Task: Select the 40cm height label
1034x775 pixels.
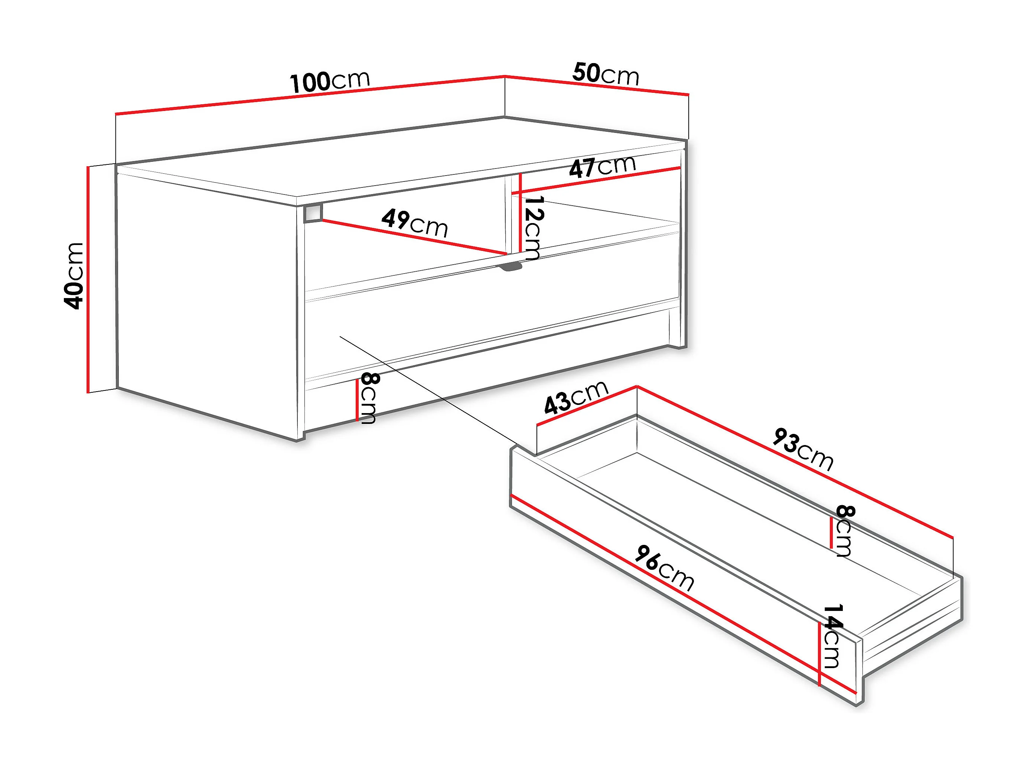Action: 74,276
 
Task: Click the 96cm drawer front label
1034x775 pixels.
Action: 665,568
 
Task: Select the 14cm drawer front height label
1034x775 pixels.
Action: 832,637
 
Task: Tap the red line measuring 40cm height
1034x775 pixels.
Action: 87,279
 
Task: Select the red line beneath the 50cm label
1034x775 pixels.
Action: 597,85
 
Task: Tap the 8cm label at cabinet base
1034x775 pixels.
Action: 368,398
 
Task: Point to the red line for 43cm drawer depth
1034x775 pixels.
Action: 587,405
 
